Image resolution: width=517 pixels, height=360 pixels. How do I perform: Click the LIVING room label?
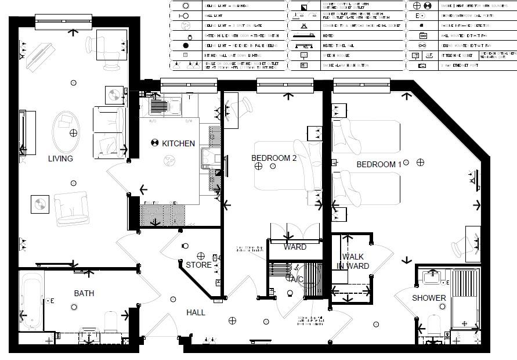tap(60, 159)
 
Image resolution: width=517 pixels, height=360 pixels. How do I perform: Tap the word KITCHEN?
tap(178, 143)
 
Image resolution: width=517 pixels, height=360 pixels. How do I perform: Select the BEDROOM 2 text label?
tap(274, 158)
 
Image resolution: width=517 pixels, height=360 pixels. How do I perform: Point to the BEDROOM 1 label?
tap(378, 164)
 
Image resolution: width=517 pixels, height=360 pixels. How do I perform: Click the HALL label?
tap(196, 312)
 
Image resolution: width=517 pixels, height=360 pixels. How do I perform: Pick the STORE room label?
tap(198, 265)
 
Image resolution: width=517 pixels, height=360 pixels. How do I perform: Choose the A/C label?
tap(297, 279)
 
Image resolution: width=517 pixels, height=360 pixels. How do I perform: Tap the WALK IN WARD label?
tap(353, 261)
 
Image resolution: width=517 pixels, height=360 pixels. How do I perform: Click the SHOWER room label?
tap(429, 298)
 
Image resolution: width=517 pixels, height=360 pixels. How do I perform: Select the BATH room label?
tap(84, 293)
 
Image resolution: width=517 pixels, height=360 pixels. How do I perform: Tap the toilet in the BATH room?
tap(112, 321)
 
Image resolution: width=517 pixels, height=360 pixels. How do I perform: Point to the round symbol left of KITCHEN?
tap(155, 143)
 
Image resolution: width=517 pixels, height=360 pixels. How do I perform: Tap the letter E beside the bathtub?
tap(52, 301)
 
